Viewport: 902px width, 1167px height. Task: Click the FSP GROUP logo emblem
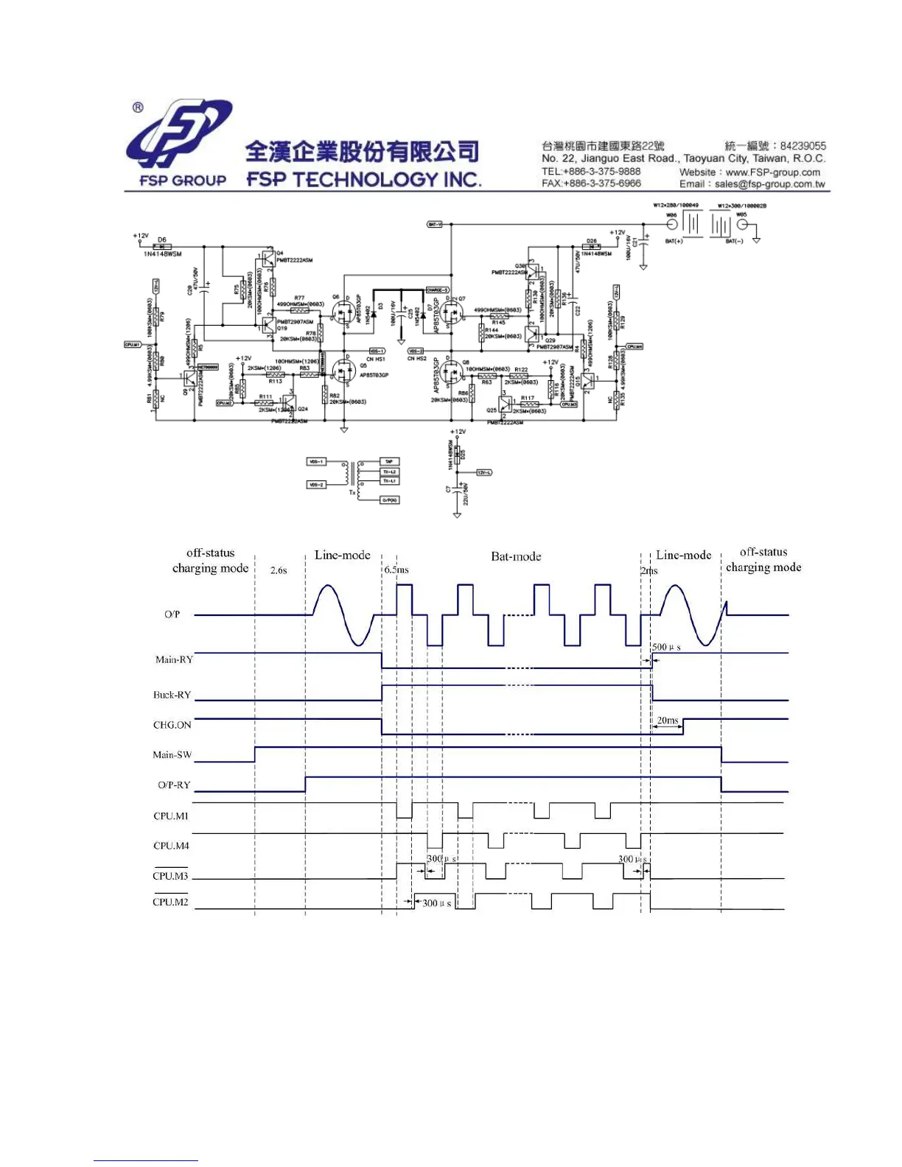click(179, 134)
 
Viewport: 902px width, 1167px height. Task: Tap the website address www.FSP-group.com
click(772, 172)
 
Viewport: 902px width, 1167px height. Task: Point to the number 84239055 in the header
click(803, 146)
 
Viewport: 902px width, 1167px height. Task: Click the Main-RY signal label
click(174, 659)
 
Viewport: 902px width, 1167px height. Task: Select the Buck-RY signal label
click(172, 695)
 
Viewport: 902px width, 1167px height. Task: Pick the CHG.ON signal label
click(172, 725)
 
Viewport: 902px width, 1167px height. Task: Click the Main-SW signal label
click(172, 754)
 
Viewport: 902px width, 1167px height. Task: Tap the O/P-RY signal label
click(174, 785)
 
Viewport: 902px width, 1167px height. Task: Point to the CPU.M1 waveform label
click(170, 816)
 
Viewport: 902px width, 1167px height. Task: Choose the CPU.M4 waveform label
click(171, 846)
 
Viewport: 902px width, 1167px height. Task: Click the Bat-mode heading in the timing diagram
click(516, 556)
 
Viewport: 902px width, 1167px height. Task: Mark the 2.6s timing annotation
click(279, 570)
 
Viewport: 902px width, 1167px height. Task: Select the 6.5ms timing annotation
click(396, 570)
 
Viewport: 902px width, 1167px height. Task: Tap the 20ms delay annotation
click(668, 720)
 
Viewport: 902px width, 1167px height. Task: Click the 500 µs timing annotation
click(666, 647)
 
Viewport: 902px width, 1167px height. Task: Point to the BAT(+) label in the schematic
click(674, 241)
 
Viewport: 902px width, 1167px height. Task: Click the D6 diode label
click(162, 239)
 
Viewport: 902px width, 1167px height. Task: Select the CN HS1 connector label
click(375, 359)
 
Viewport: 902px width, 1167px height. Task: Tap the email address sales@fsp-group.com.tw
click(769, 184)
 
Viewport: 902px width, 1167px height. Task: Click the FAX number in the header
click(591, 183)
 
